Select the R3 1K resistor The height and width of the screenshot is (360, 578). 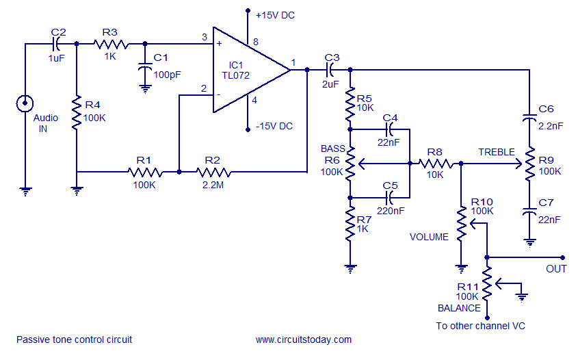pos(110,44)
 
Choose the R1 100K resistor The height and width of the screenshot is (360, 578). pos(144,172)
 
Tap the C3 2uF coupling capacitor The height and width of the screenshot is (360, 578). pos(332,69)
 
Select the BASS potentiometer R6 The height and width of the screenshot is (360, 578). pos(350,164)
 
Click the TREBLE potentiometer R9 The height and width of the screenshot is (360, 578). pos(529,164)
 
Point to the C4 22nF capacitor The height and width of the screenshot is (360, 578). pos(390,128)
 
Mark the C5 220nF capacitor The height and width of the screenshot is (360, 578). pos(390,197)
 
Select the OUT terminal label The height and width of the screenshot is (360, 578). pos(555,268)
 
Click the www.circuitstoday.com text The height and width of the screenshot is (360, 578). pos(304,339)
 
